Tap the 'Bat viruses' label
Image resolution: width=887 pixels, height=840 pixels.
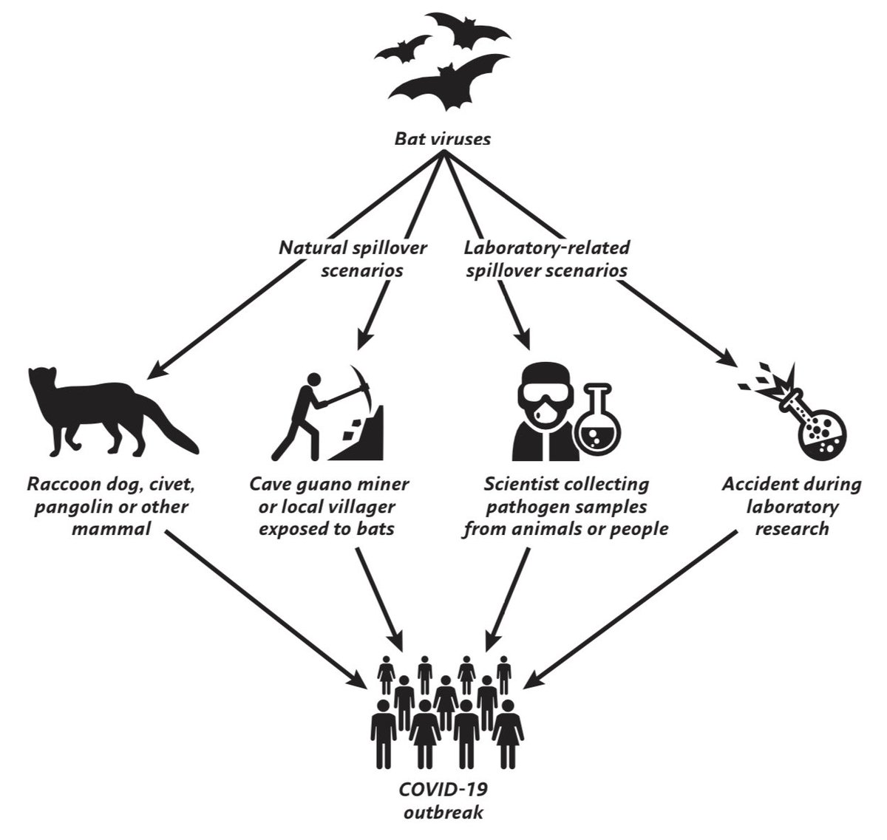coord(442,138)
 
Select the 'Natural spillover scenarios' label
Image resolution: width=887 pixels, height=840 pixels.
coord(352,259)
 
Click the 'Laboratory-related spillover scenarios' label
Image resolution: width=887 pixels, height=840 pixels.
coord(547,259)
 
